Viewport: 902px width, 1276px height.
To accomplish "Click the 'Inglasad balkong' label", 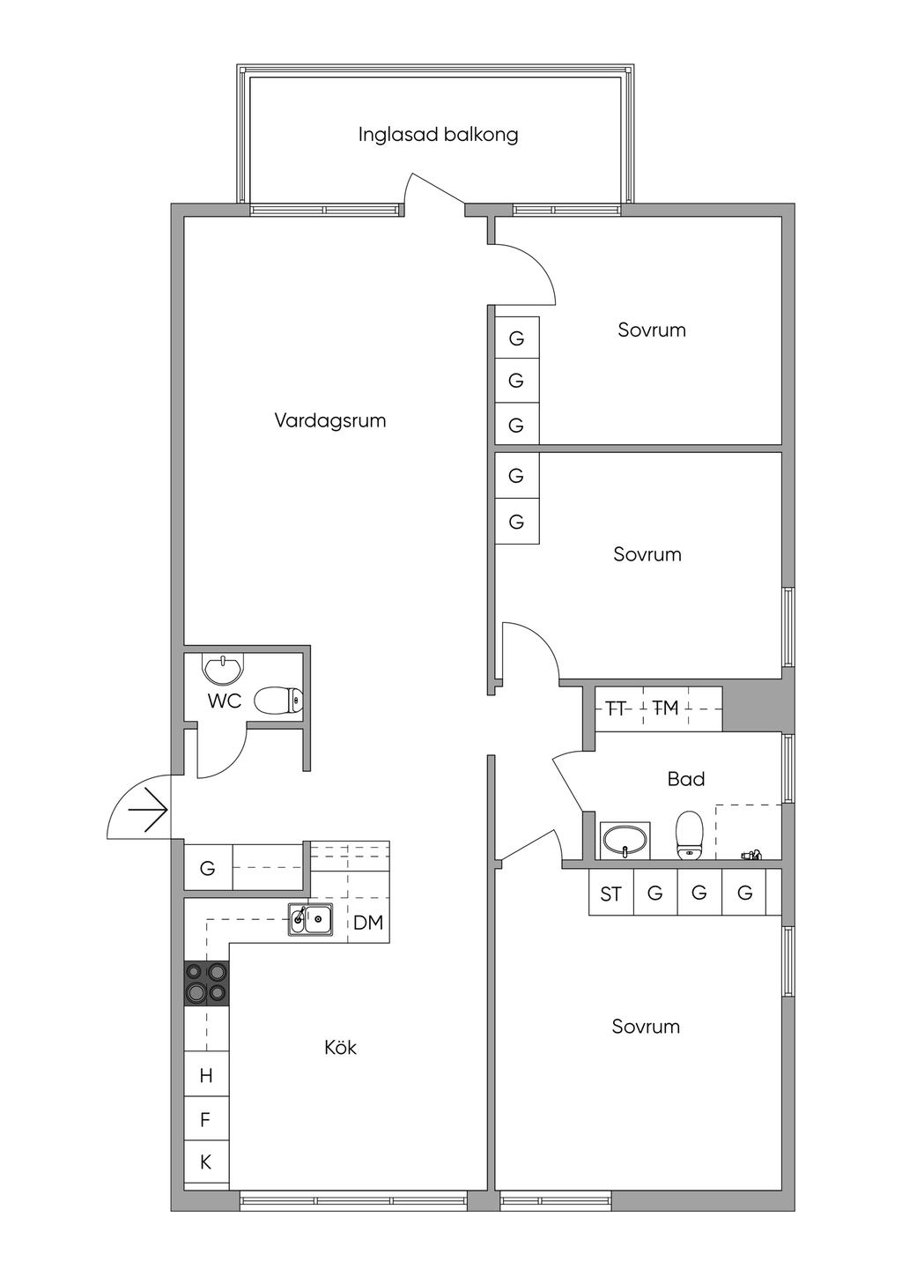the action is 438,135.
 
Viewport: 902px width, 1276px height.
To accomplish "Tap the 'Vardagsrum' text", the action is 330,421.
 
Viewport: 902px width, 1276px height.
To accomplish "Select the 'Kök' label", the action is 341,1047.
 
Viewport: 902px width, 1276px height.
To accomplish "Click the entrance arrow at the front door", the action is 148,810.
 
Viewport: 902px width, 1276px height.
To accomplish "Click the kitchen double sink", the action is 310,918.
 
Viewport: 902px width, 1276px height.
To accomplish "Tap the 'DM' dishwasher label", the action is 368,923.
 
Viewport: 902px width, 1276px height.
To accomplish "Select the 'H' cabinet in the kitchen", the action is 206,1075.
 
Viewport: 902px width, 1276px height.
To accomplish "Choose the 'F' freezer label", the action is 205,1120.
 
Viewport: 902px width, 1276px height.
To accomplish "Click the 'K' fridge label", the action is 205,1162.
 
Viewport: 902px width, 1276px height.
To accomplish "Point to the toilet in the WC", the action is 277,700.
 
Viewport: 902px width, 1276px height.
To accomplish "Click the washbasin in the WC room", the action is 223,668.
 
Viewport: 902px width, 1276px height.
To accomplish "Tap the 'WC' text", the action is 225,701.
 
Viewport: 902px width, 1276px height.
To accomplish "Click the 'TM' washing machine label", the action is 665,708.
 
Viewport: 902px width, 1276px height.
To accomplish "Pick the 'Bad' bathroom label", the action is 686,779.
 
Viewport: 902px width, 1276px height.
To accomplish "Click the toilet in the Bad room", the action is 689,835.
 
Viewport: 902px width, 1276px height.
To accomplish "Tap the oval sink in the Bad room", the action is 625,840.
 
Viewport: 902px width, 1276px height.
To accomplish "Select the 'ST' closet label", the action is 610,894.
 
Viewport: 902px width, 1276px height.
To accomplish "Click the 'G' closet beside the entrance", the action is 207,869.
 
